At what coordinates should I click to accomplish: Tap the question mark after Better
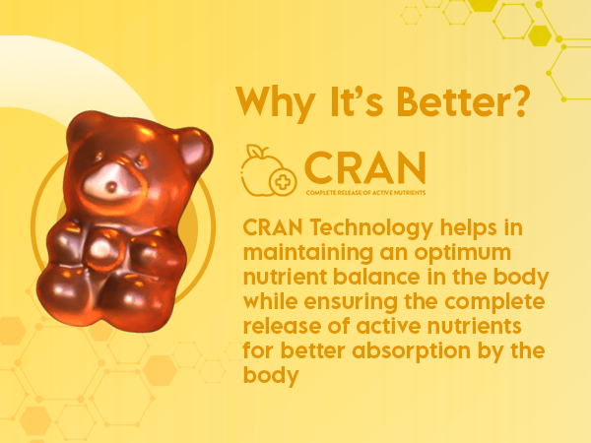(x=518, y=101)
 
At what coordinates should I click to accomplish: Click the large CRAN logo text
(x=364, y=167)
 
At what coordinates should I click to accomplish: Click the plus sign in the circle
(x=283, y=182)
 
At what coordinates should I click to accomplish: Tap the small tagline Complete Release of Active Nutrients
(x=365, y=193)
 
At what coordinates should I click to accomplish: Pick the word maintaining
(x=308, y=253)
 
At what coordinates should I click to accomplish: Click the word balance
(x=376, y=277)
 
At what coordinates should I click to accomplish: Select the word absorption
(x=412, y=351)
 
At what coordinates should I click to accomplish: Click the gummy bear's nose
(x=112, y=186)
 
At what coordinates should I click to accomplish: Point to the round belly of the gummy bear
(x=102, y=249)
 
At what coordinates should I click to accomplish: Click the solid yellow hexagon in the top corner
(x=540, y=35)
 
